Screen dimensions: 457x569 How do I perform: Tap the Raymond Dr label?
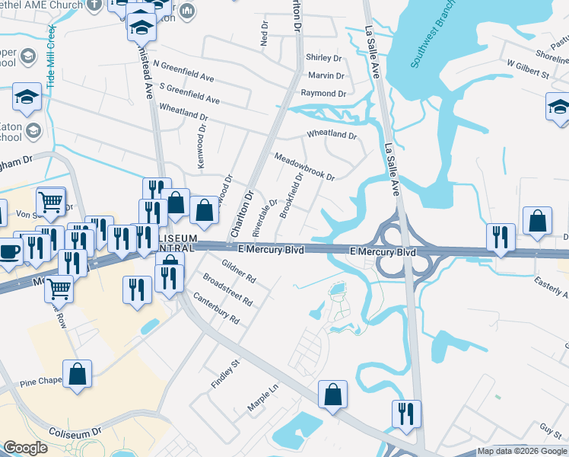point(323,93)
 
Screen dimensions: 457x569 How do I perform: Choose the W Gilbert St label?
point(527,74)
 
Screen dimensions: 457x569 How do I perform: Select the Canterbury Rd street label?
point(216,308)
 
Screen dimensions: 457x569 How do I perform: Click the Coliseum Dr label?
point(75,432)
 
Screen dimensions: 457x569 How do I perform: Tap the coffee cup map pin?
point(9,251)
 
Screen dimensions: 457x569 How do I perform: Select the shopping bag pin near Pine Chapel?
point(77,374)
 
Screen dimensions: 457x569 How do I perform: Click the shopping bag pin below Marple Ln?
point(332,395)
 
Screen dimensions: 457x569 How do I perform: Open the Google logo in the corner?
point(25,448)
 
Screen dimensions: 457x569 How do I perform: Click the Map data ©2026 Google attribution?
point(522,451)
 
